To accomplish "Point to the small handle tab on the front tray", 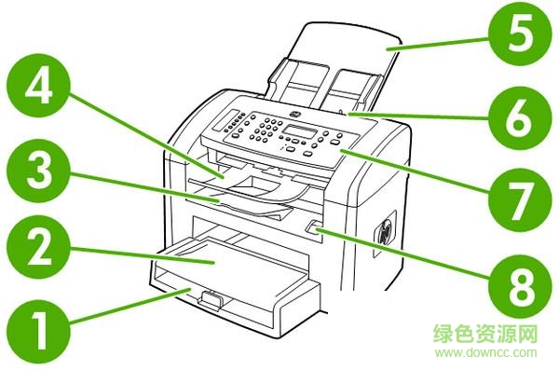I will (210, 298).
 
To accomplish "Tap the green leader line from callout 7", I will (419, 172).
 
